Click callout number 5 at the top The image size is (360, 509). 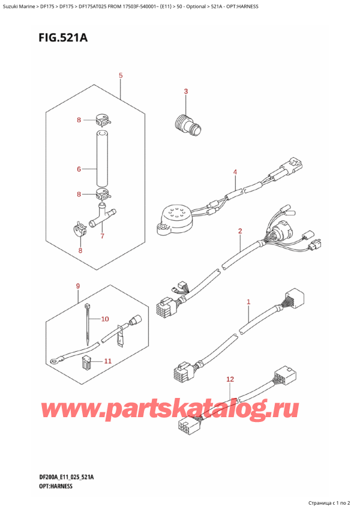pyautogui.click(x=121, y=76)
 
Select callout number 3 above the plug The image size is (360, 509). pyautogui.click(x=186, y=91)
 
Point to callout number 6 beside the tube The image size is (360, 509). pyautogui.click(x=79, y=169)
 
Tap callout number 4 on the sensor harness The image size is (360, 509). pyautogui.click(x=235, y=173)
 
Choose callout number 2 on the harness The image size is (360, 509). pyautogui.click(x=240, y=230)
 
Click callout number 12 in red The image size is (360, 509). pyautogui.click(x=230, y=379)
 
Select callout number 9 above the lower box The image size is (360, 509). pyautogui.click(x=77, y=286)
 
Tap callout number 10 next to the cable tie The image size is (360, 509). pyautogui.click(x=105, y=319)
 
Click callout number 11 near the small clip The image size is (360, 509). pyautogui.click(x=107, y=361)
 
